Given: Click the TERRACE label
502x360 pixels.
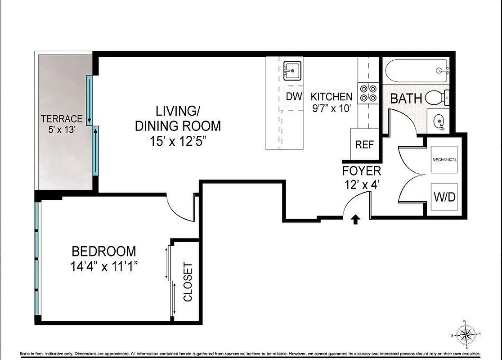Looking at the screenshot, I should point(62,119).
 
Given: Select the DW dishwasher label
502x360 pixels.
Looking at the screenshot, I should point(294,97).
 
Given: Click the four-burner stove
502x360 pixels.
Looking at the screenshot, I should point(368,94).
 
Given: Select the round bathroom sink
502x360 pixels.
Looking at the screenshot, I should point(439,121).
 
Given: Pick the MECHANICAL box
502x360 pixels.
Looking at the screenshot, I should point(444,160).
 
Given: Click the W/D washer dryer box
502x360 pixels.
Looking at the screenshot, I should point(444,197).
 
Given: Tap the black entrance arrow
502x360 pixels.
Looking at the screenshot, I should point(355,219).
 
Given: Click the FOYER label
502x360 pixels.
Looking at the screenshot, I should point(362,171).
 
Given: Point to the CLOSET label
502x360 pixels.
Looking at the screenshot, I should point(188,282).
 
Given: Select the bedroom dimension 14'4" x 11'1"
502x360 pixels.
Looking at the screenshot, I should point(103,266).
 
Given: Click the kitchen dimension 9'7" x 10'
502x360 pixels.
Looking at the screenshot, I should point(332,108).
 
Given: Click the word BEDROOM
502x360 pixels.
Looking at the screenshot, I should point(103,251).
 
